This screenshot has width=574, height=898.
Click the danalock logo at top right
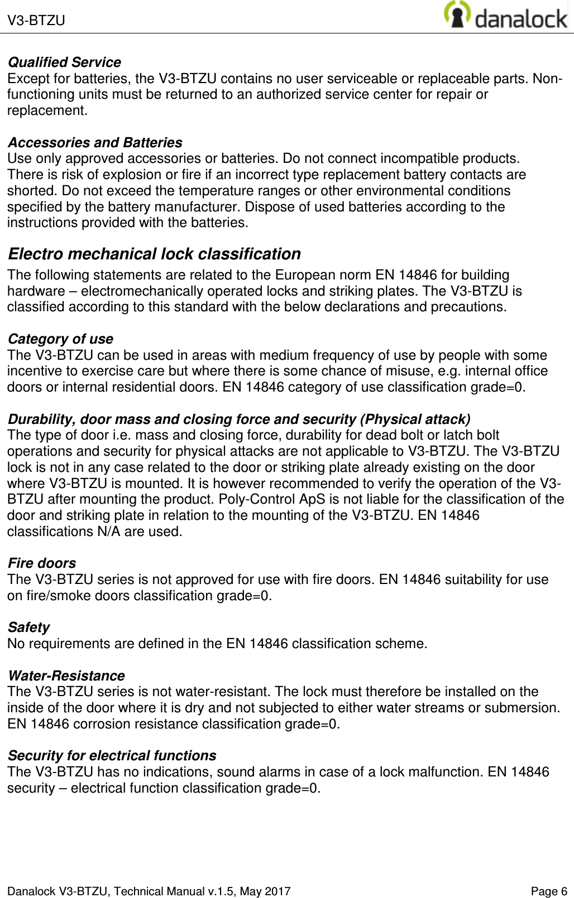point(505,16)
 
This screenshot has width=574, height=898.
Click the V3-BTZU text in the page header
point(36,21)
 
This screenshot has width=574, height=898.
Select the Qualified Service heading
point(64,62)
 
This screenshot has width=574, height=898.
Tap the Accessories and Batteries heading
point(95,143)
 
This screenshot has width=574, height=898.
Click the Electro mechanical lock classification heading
point(154,254)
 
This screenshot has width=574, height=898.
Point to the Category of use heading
point(60,339)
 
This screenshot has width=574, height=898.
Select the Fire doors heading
point(42,563)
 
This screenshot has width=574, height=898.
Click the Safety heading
point(28,627)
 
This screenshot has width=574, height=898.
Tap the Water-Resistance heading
point(66,676)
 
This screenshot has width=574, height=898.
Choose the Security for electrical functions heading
point(112,756)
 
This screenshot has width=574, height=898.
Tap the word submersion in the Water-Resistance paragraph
point(524,708)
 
